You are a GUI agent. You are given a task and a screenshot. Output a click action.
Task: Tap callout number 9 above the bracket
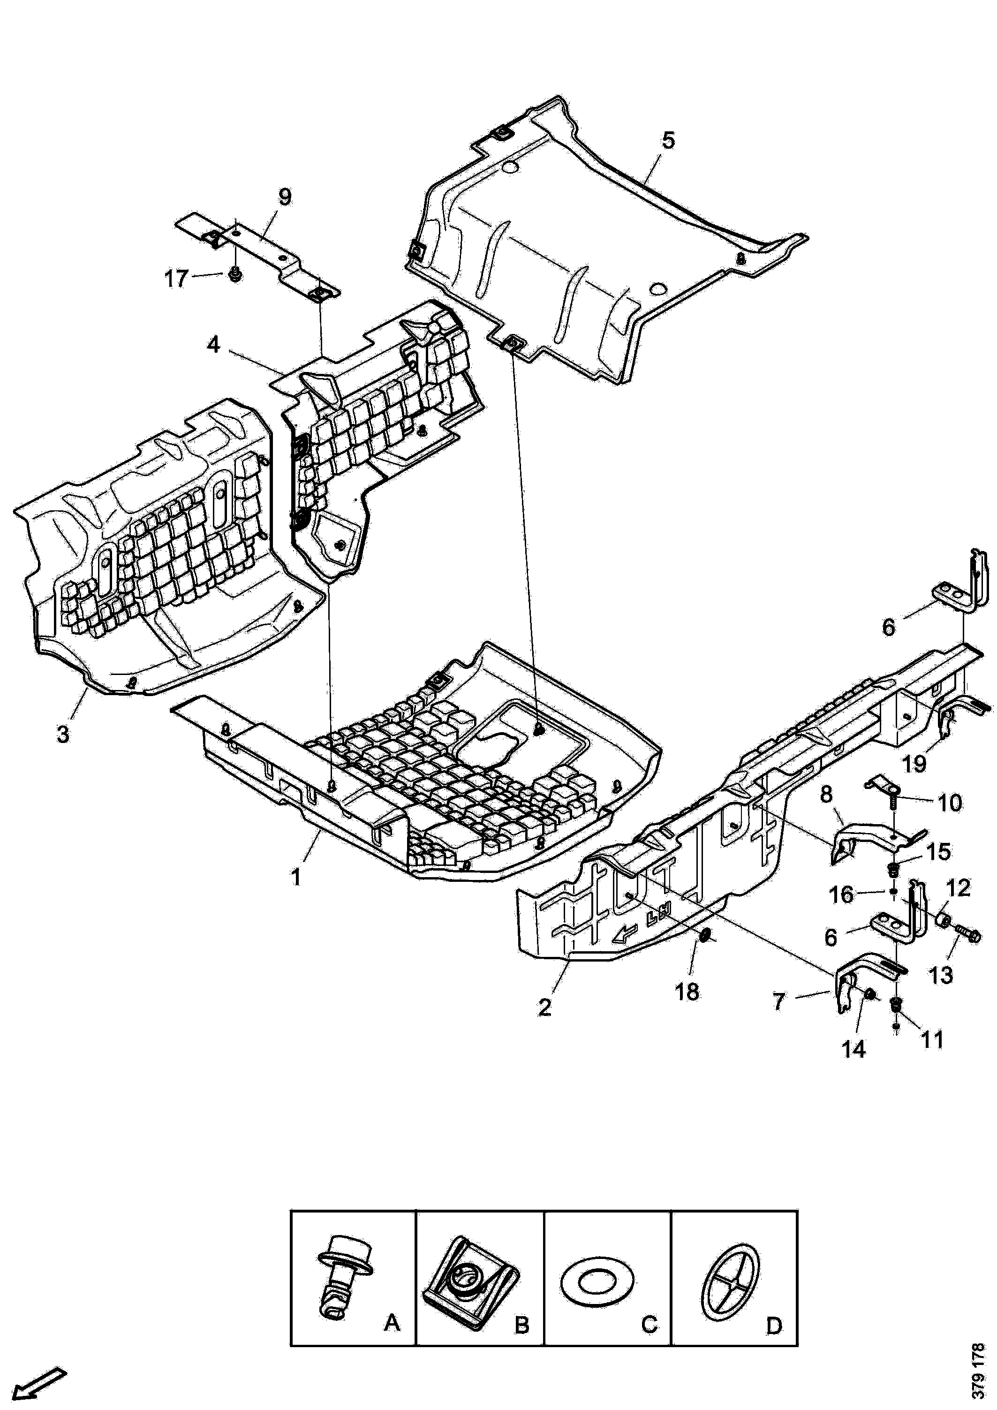285,197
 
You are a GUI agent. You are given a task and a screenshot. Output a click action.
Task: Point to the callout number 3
63,734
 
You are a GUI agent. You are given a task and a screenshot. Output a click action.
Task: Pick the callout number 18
687,991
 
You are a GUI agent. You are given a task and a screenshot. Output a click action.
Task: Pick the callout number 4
212,345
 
